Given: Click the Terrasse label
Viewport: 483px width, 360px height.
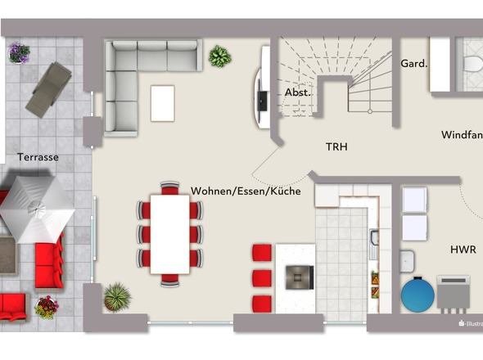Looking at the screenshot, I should (x=38, y=157).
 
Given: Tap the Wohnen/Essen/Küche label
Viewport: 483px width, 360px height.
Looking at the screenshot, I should (x=246, y=191).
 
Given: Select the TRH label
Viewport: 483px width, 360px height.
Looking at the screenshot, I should (x=337, y=147).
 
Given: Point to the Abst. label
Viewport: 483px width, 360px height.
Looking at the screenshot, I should (x=297, y=92).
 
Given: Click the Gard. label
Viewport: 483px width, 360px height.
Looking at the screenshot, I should (x=413, y=63).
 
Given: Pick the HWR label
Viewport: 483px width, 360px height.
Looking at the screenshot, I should (x=463, y=249).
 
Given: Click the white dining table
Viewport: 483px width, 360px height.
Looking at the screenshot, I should (x=170, y=233).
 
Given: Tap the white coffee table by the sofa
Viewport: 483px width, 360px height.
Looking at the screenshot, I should (x=163, y=103).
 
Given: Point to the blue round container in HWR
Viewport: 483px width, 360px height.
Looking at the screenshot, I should (x=418, y=295).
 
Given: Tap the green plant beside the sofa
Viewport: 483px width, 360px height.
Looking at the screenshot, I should (x=219, y=56).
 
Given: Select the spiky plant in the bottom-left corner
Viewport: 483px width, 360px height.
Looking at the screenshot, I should (x=116, y=296).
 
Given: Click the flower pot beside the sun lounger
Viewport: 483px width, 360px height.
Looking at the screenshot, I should (x=18, y=53).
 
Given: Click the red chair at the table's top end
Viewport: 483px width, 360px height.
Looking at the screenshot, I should (x=170, y=189).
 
